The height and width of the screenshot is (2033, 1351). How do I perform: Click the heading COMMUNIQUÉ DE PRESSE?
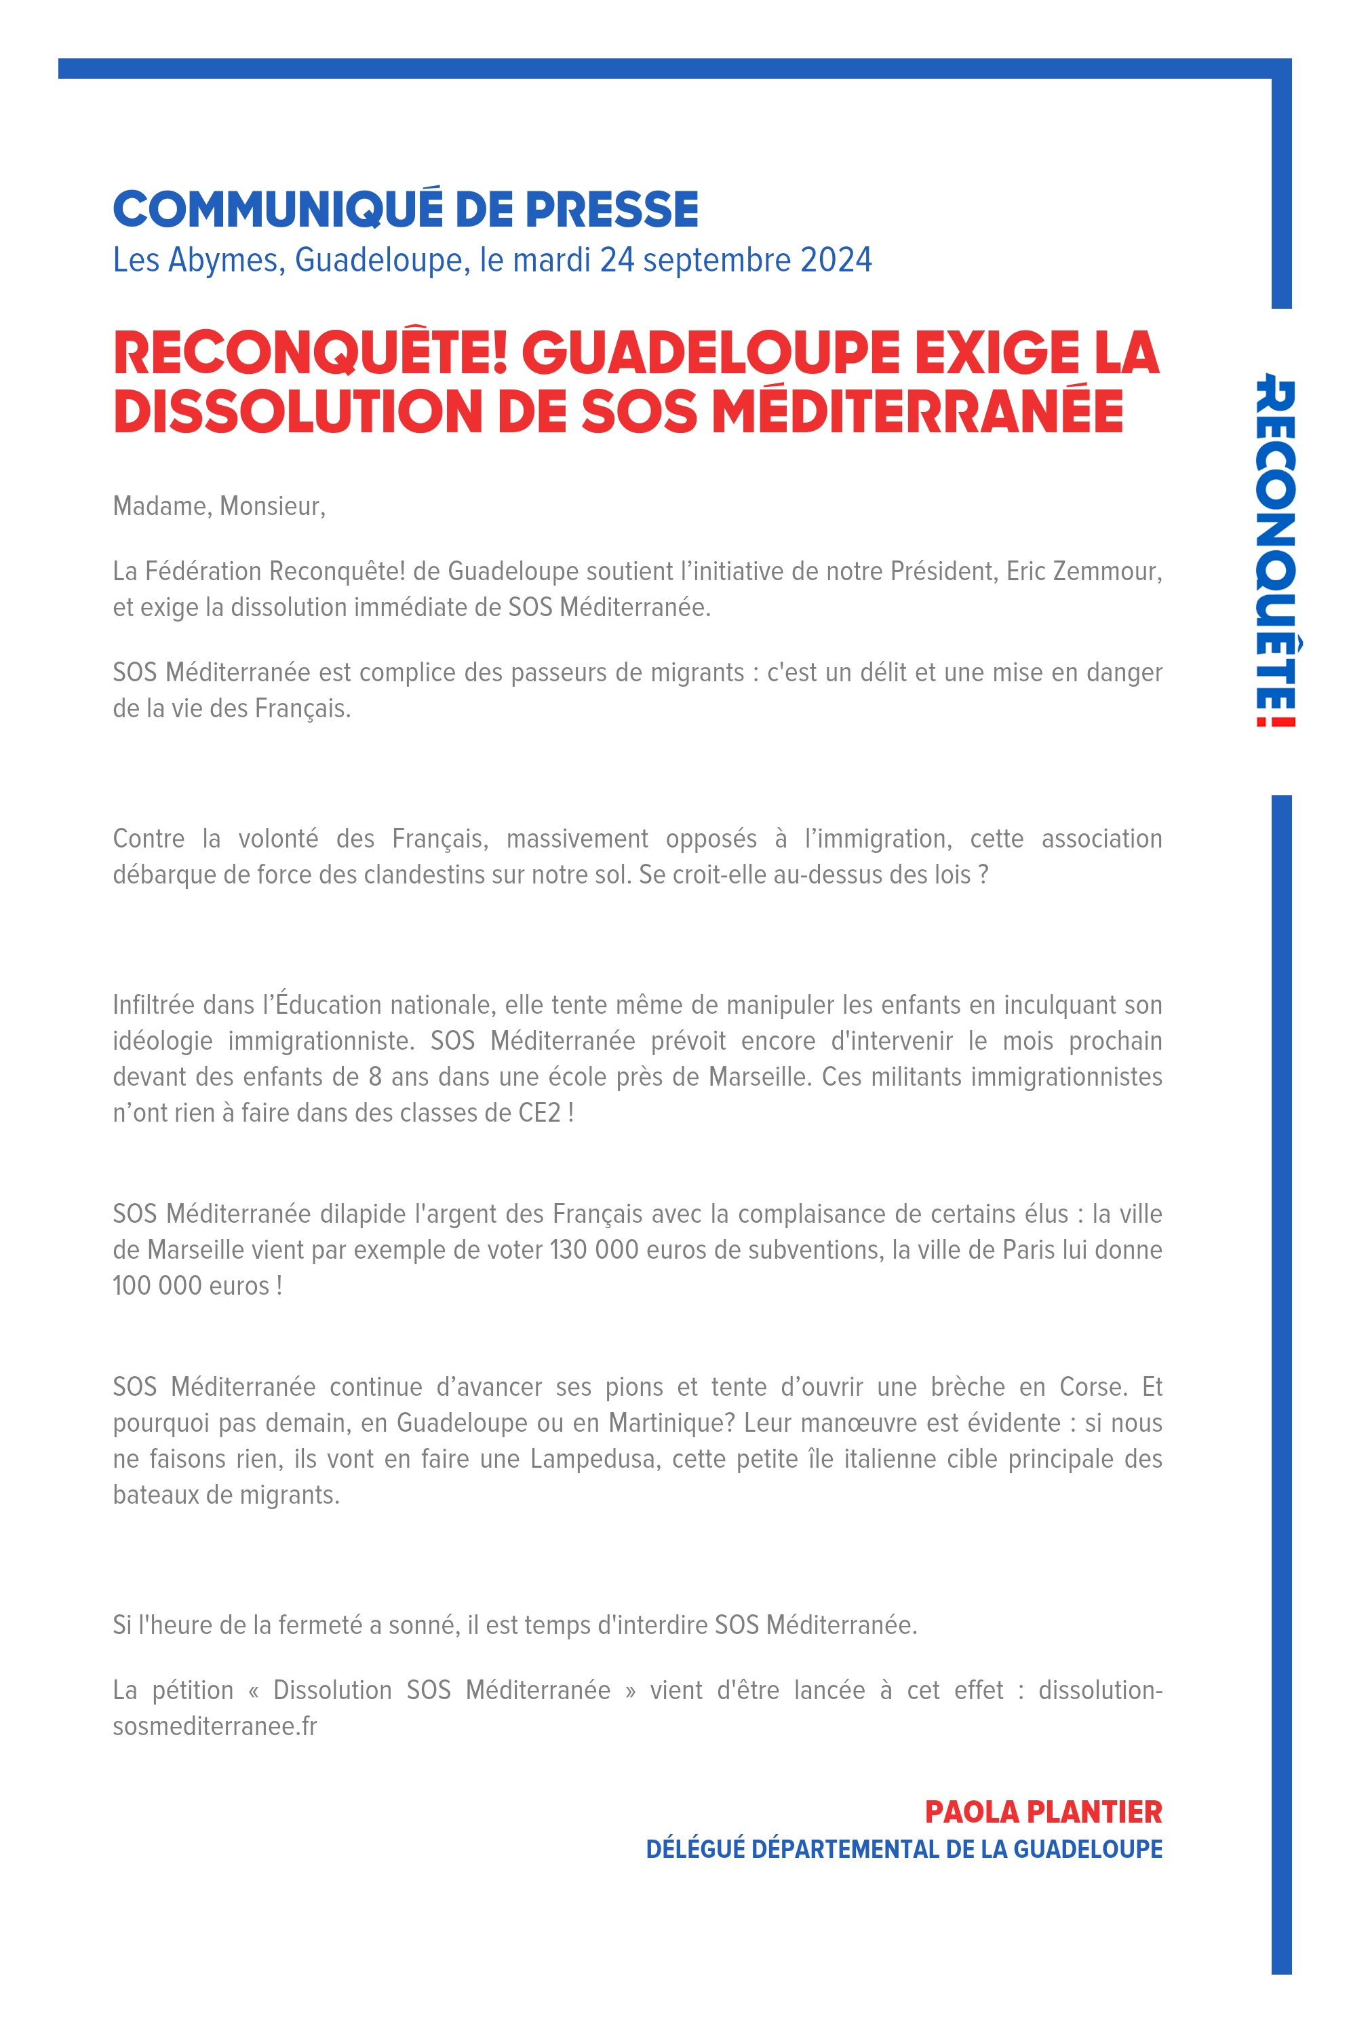(x=405, y=210)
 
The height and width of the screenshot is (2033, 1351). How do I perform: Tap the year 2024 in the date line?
(x=835, y=259)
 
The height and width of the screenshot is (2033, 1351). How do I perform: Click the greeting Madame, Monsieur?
(x=219, y=506)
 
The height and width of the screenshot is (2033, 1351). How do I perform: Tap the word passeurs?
(x=559, y=672)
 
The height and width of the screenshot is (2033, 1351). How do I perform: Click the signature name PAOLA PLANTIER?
(x=1042, y=1812)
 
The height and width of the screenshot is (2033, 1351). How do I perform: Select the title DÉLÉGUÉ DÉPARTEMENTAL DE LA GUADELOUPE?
(x=904, y=1849)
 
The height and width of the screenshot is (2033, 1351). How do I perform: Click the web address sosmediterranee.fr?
(x=214, y=1726)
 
